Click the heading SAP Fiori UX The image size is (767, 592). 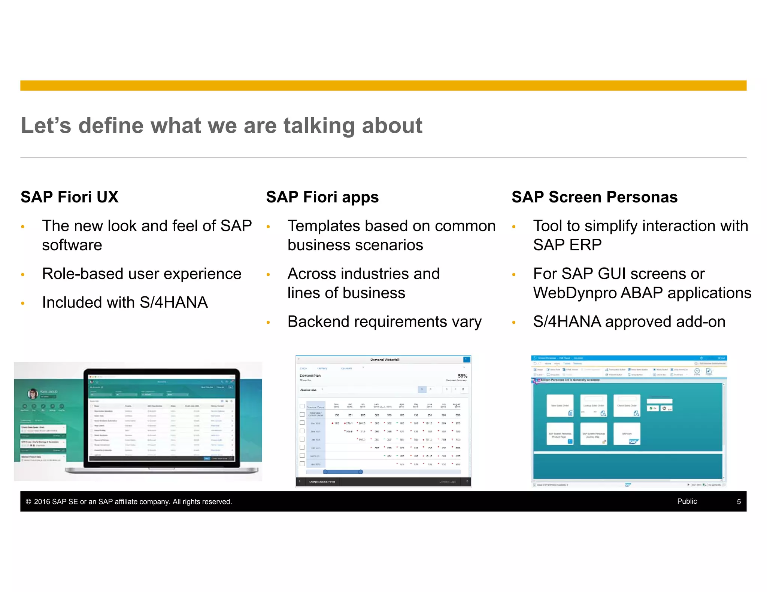(69, 197)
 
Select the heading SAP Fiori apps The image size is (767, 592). (322, 197)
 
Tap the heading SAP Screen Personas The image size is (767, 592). (594, 197)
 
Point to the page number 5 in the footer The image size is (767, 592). (739, 501)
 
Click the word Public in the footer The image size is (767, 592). (687, 501)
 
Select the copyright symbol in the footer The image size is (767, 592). (28, 501)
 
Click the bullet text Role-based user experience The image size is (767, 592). (142, 274)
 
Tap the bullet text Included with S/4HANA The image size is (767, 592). (125, 302)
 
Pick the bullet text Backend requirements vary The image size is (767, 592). (384, 321)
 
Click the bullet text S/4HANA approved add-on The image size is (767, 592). (629, 321)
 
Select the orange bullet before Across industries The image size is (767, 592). (268, 275)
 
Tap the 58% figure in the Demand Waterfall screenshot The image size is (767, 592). (462, 376)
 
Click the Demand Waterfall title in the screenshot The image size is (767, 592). (385, 360)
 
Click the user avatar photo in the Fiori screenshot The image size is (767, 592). (33, 393)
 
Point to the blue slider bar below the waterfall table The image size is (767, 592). (343, 472)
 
